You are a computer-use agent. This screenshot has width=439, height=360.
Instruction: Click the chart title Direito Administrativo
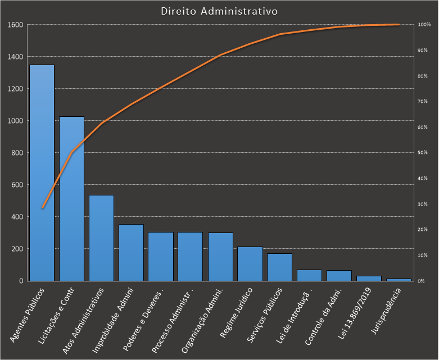[219, 11]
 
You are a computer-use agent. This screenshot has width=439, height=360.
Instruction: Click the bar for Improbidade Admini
[131, 253]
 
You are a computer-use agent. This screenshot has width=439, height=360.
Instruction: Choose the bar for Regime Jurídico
[250, 264]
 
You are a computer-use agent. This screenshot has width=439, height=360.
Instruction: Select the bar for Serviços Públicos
[280, 267]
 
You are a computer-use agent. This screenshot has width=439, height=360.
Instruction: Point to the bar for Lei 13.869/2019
[369, 278]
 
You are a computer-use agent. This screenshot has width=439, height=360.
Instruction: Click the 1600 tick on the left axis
[15, 25]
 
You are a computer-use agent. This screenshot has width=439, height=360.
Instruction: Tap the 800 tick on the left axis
[17, 153]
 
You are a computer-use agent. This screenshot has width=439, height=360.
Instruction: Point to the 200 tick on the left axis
[17, 249]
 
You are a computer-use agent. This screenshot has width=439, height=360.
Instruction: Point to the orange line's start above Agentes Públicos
[42, 208]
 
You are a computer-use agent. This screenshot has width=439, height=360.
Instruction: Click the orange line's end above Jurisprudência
[399, 25]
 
